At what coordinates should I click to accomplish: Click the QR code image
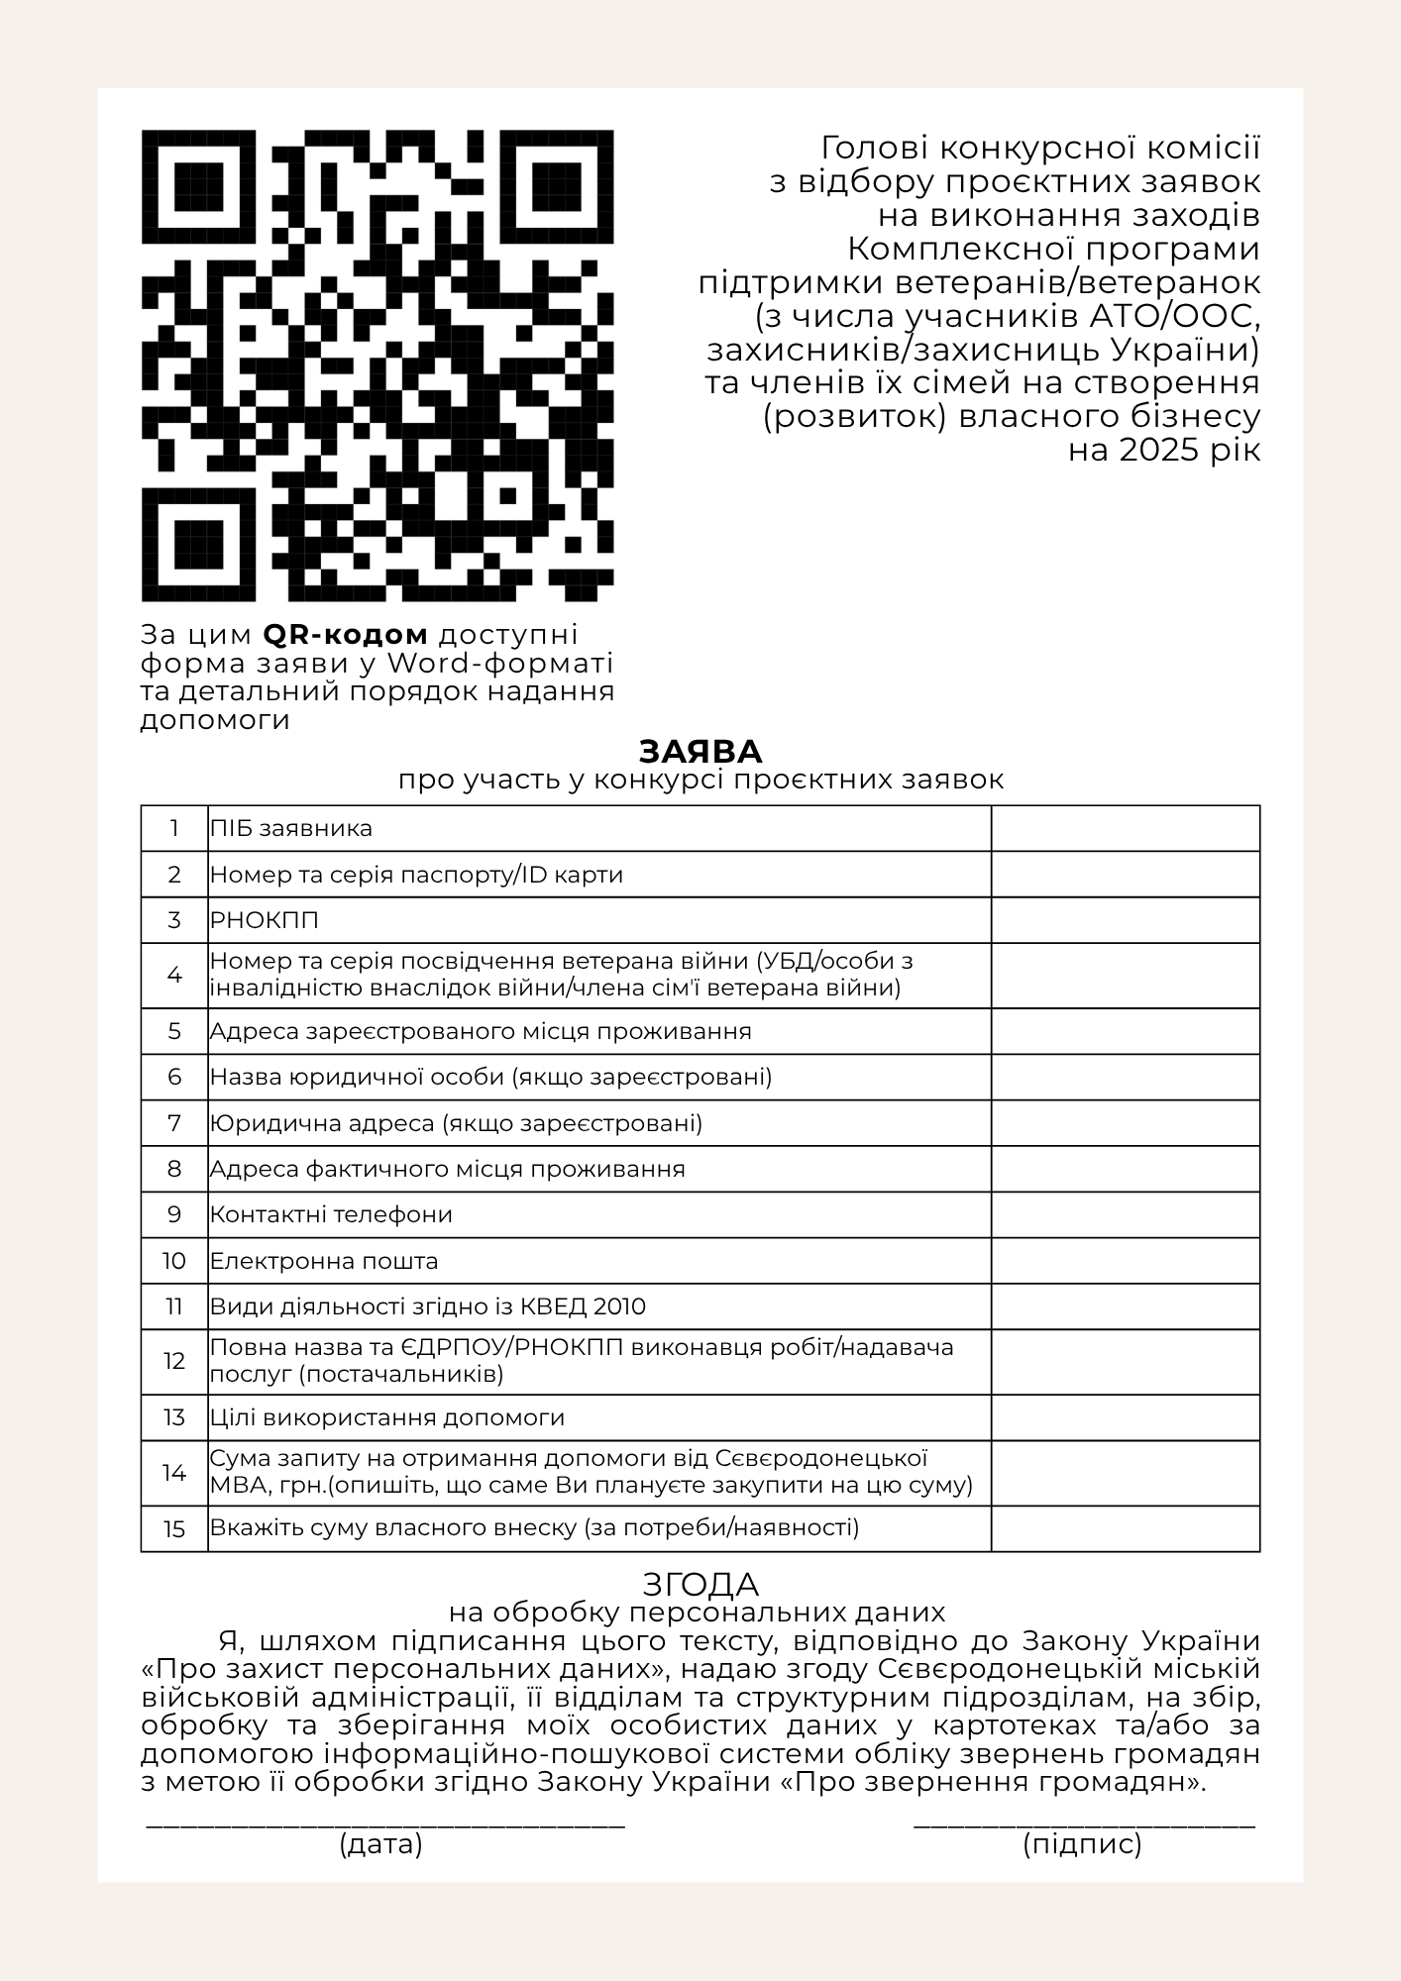pyautogui.click(x=377, y=365)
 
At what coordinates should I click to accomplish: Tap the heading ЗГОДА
pyautogui.click(x=700, y=1584)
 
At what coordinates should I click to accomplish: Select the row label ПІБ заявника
pyautogui.click(x=291, y=828)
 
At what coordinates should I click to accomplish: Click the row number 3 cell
pyautogui.click(x=174, y=920)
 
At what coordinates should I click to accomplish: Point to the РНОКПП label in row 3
pyautogui.click(x=265, y=920)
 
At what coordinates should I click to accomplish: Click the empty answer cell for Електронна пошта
pyautogui.click(x=1125, y=1261)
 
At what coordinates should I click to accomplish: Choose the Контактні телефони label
pyautogui.click(x=331, y=1214)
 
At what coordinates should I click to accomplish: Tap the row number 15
pyautogui.click(x=174, y=1528)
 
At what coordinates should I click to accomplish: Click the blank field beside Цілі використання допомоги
pyautogui.click(x=1125, y=1417)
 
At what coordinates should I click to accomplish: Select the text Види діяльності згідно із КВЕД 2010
pyautogui.click(x=428, y=1306)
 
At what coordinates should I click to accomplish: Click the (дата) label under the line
pyautogui.click(x=381, y=1844)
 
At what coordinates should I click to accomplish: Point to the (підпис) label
pyautogui.click(x=1082, y=1844)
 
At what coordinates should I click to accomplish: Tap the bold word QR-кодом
pyautogui.click(x=346, y=634)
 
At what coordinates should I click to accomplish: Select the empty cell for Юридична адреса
pyautogui.click(x=1125, y=1123)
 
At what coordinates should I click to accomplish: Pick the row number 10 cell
pyautogui.click(x=174, y=1261)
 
